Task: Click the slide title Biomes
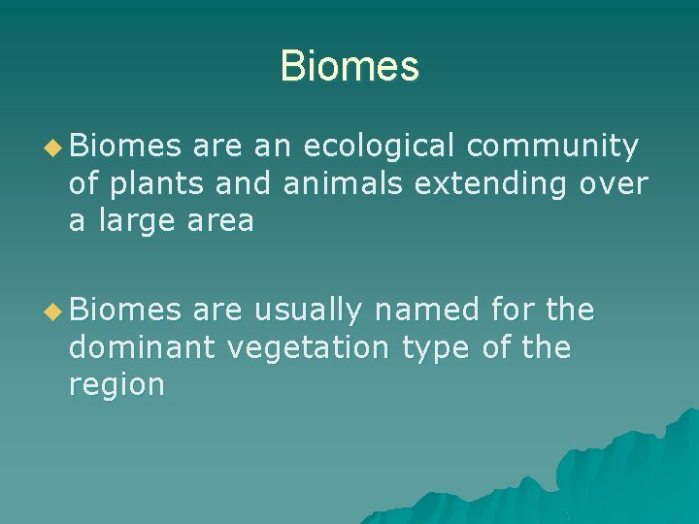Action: pos(349,67)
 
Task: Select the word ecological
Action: pos(379,147)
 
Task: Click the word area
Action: pos(220,222)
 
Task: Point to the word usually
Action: pos(307,311)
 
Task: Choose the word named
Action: pos(427,311)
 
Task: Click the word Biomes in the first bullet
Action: pos(125,147)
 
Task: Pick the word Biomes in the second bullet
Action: pos(125,311)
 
